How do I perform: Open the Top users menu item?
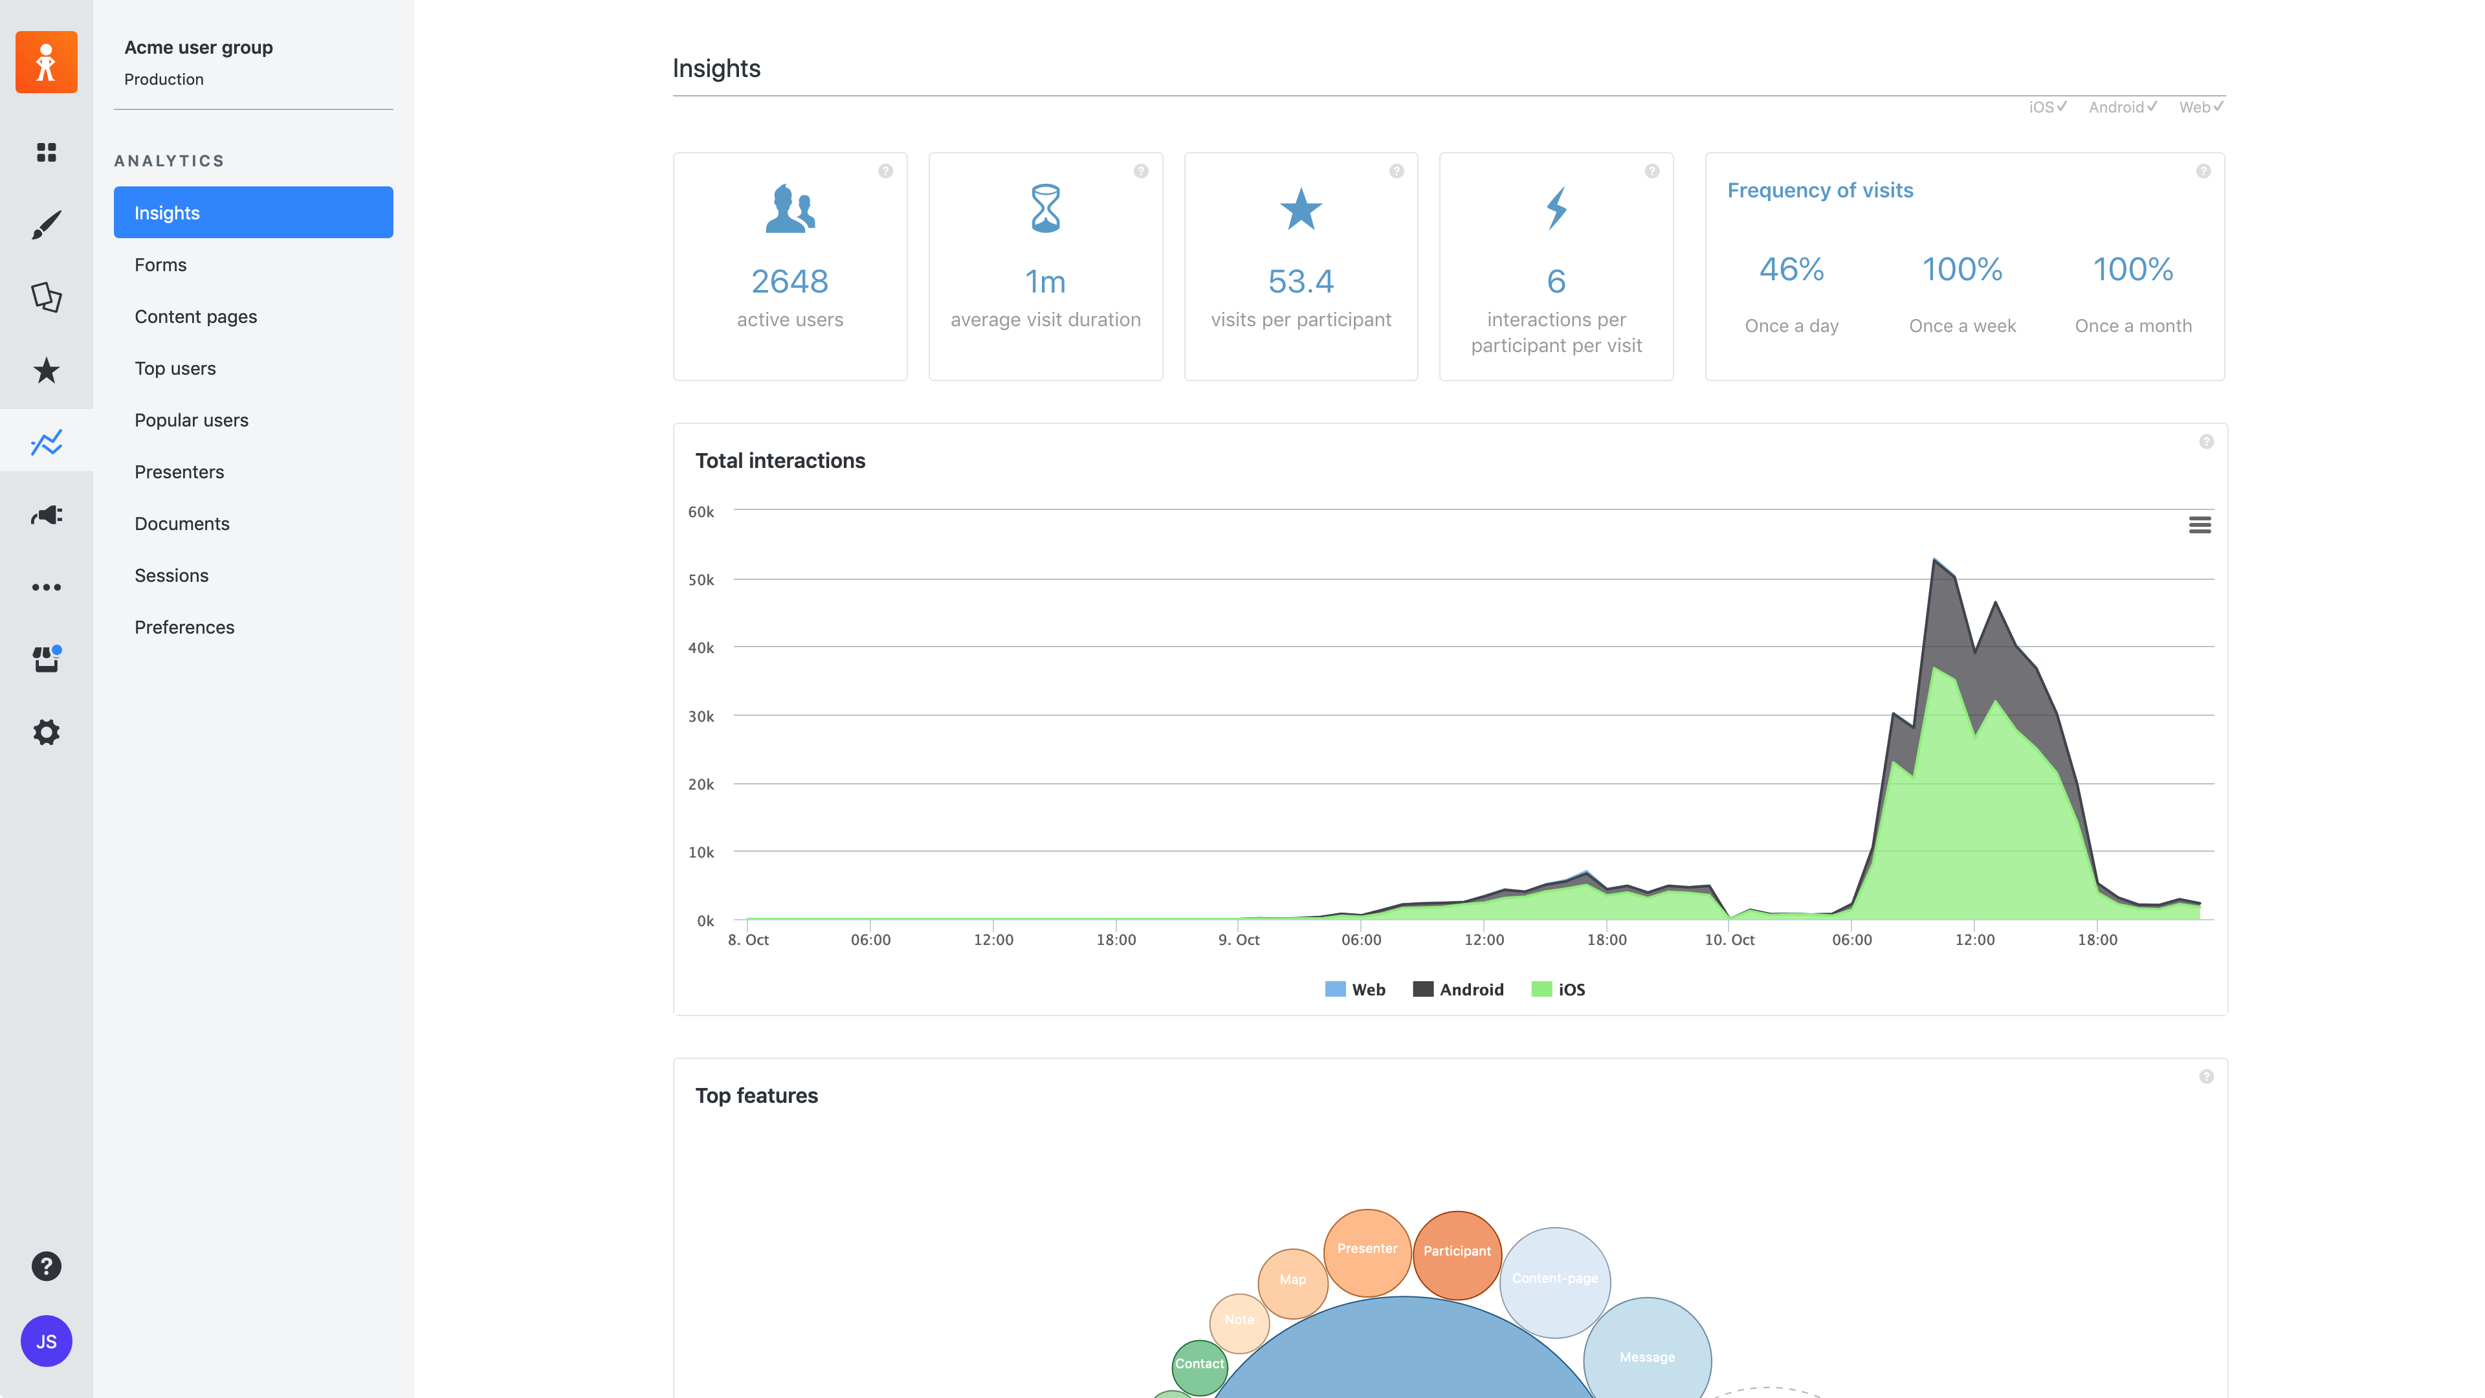175,368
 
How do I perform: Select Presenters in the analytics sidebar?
179,472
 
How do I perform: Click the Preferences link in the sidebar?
184,627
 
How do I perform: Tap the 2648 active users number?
789,281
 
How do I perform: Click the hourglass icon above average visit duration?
1044,208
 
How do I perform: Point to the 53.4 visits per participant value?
1299,281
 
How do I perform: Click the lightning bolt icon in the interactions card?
1555,208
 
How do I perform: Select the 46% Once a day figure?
1791,269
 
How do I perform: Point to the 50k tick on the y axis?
700,580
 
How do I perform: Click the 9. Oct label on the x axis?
1239,940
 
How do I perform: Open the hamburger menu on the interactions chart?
2200,525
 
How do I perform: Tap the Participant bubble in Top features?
1457,1251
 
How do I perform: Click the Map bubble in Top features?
1293,1280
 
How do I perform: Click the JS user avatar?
47,1341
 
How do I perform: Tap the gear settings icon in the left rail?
47,732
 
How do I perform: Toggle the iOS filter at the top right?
2047,107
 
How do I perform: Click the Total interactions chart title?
779,461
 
